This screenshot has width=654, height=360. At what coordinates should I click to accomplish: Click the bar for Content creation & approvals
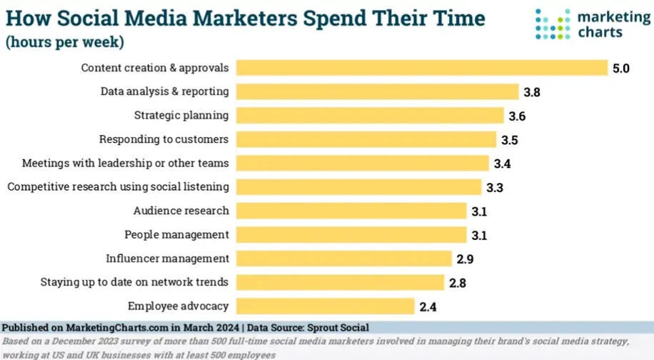(x=421, y=68)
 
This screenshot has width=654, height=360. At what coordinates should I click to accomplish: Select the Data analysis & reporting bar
(x=377, y=91)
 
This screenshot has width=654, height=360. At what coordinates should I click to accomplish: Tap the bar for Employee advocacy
(x=325, y=306)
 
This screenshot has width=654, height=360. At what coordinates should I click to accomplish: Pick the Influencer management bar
(x=344, y=259)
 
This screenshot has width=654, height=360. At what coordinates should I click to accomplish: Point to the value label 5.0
(x=620, y=69)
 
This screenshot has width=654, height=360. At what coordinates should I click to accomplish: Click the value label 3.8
(x=531, y=92)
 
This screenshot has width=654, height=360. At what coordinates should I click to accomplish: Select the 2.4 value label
(x=428, y=307)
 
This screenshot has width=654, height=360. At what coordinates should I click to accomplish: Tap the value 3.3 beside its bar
(x=495, y=187)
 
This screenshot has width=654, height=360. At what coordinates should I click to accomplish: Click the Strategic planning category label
(x=181, y=115)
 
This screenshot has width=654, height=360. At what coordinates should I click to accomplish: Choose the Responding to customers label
(x=163, y=139)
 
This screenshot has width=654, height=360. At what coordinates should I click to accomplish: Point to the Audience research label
(x=181, y=211)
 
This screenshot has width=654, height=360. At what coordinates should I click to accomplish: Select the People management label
(x=176, y=234)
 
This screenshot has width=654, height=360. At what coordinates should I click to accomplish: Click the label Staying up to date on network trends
(x=134, y=282)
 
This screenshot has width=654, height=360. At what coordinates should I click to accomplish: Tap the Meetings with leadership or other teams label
(x=125, y=163)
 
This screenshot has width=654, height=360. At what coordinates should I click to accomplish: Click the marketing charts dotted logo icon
(x=553, y=24)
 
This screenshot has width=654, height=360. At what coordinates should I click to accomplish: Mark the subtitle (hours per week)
(x=65, y=42)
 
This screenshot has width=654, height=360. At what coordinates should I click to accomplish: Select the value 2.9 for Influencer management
(x=466, y=259)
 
